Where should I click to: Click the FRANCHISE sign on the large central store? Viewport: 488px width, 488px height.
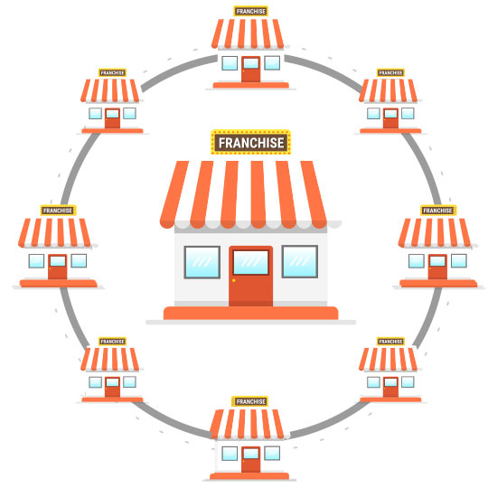(x=251, y=142)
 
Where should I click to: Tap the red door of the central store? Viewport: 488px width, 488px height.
(x=251, y=277)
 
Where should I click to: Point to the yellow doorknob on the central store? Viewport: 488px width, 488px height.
(x=234, y=280)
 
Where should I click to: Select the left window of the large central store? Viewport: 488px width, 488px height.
(x=202, y=262)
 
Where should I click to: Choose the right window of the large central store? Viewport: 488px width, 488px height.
(x=300, y=261)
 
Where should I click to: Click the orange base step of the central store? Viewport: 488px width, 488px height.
(x=251, y=313)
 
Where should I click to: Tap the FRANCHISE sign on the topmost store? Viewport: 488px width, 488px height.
(x=251, y=11)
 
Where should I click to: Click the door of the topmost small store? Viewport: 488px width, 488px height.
(x=251, y=69)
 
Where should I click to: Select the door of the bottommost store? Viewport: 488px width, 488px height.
(x=251, y=460)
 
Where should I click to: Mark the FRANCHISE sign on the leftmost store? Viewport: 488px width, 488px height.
(x=58, y=211)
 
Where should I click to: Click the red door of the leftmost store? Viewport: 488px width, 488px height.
(x=58, y=267)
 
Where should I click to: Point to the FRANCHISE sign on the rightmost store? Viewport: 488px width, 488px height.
(x=438, y=211)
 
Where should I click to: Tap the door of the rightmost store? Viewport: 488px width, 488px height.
(x=437, y=267)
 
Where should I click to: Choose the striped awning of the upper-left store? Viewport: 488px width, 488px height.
(x=110, y=90)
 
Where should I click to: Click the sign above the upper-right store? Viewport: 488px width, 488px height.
(x=390, y=73)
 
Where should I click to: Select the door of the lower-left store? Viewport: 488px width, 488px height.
(x=112, y=387)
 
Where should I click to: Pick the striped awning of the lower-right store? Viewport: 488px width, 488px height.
(x=388, y=360)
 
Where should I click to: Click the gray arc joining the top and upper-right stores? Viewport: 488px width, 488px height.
(x=325, y=70)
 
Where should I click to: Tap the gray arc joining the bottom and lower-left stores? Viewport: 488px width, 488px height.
(x=170, y=421)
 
